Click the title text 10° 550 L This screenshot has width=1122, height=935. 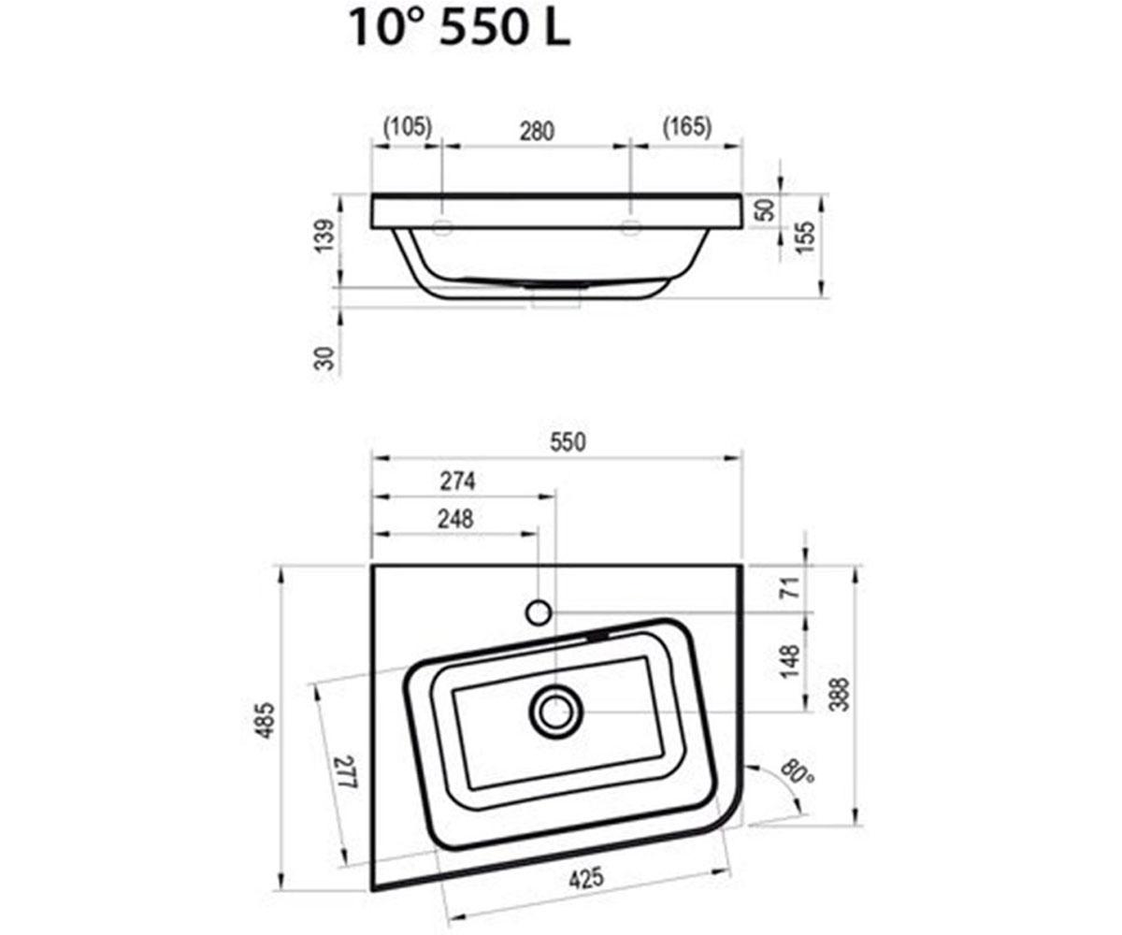(460, 28)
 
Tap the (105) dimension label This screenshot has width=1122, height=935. (408, 127)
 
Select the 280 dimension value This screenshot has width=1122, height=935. (537, 132)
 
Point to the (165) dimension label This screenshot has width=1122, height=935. (686, 127)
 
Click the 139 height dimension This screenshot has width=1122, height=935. (324, 236)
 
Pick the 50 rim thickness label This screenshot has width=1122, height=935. (766, 209)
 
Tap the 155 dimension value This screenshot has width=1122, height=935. (805, 237)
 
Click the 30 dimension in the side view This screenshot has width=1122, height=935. (324, 358)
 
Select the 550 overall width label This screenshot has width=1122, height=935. (568, 441)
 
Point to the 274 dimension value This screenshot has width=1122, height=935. (457, 481)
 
